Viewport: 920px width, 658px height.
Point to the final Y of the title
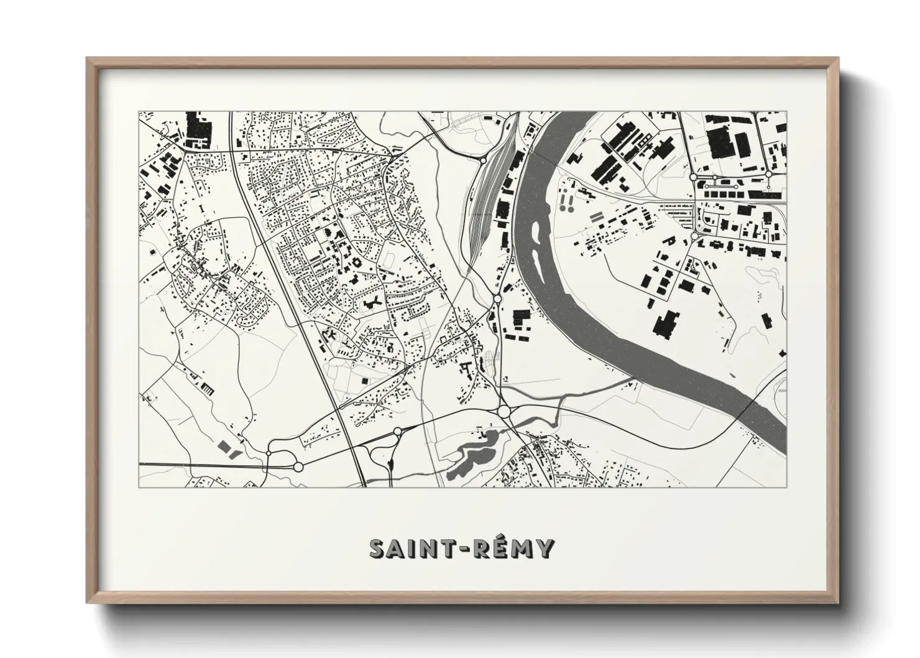point(545,549)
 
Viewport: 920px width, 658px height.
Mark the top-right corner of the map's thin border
point(786,112)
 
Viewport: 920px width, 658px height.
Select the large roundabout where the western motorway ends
point(298,466)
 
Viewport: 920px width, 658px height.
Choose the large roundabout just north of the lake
point(504,412)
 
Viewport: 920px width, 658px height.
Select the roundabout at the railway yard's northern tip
point(482,160)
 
